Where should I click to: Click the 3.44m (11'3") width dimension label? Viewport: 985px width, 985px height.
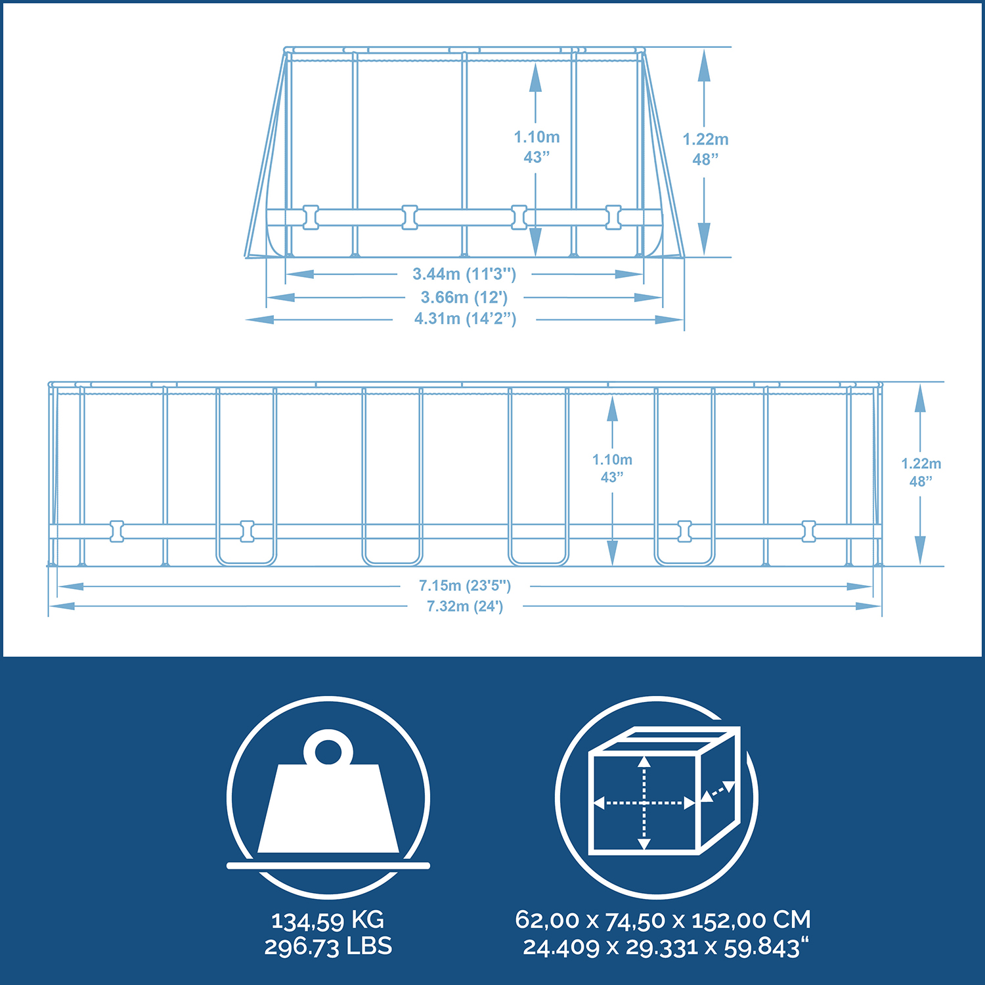[464, 274]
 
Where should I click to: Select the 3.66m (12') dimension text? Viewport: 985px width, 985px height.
[464, 297]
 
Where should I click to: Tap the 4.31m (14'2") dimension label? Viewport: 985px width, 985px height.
[465, 319]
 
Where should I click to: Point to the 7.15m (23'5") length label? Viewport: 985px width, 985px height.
[465, 585]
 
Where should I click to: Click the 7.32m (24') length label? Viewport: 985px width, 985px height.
[465, 606]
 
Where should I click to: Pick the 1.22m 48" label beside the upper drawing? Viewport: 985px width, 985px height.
[706, 149]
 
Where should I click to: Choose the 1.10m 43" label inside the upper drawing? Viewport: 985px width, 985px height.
[536, 146]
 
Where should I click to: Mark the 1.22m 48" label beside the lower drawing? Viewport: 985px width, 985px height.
[921, 472]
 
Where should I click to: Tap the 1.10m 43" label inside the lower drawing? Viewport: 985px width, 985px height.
[612, 468]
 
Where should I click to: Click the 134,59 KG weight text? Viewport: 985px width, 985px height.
[328, 921]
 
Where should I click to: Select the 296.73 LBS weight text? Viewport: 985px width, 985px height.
[328, 946]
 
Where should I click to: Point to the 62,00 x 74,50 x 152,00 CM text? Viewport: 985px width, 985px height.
[663, 920]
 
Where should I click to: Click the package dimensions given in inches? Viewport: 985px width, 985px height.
[666, 948]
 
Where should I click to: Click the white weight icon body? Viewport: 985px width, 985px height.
[328, 808]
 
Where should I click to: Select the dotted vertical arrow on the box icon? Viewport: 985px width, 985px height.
[644, 802]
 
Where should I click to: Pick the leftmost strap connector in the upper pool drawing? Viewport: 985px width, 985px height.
[311, 217]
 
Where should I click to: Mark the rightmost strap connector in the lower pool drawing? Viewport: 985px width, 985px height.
[809, 531]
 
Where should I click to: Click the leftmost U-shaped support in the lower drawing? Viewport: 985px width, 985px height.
[246, 476]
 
